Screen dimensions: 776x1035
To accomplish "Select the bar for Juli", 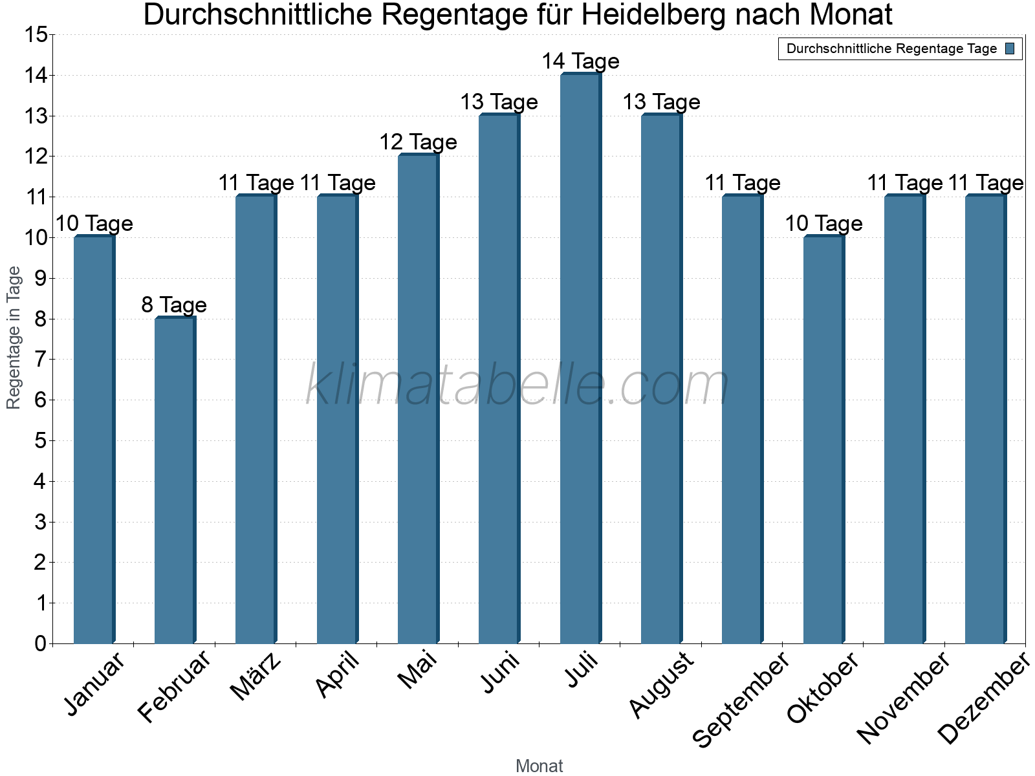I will tap(580, 359).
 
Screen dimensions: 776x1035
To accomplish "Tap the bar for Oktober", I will tap(823, 440).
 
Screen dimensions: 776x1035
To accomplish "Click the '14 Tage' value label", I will tap(580, 61).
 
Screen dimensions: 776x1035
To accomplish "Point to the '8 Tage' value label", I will tap(174, 305).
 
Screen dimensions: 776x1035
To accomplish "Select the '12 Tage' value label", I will tap(418, 142).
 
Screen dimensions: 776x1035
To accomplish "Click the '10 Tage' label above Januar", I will tap(94, 224).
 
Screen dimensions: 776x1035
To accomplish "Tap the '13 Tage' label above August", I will tap(661, 102).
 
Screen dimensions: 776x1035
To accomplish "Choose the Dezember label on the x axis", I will tap(984, 698).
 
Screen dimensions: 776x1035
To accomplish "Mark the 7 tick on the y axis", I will tap(40, 360).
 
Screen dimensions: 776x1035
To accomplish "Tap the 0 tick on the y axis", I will tap(40, 643).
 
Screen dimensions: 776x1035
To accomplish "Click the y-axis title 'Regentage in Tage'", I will tap(14, 338).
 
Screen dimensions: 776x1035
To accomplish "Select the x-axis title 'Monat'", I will tap(539, 766).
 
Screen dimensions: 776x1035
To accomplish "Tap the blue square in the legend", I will tap(1010, 48).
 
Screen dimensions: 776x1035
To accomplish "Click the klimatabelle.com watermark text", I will tap(517, 385).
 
